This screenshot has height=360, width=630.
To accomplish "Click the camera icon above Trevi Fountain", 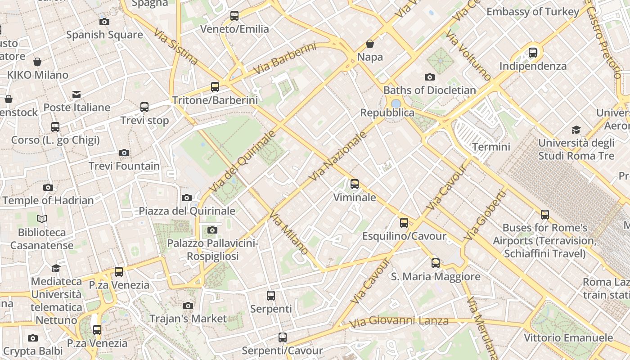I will click(124, 153).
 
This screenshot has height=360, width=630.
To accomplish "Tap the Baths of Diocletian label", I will click(429, 90).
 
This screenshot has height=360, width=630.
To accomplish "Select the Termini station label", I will click(491, 147).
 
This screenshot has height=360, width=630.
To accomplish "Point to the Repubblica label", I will click(387, 112).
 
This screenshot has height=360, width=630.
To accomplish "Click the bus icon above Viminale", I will click(355, 184).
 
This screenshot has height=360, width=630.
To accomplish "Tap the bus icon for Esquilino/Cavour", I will click(404, 222).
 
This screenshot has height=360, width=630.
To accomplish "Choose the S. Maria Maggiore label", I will click(436, 276).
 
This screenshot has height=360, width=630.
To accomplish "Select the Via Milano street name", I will click(289, 232).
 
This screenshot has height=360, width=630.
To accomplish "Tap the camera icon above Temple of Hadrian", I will click(48, 187).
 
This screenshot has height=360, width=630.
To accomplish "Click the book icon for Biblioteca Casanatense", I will click(42, 219).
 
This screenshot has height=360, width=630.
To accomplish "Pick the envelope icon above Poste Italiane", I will click(76, 94).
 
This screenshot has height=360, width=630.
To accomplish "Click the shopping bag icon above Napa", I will click(370, 44).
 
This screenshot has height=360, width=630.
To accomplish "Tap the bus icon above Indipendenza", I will click(533, 53).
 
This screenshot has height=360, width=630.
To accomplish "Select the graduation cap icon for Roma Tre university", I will click(576, 130).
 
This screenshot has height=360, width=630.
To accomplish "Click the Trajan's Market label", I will click(188, 319).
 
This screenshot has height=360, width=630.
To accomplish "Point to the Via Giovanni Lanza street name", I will click(399, 321).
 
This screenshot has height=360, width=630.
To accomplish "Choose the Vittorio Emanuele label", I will click(568, 337).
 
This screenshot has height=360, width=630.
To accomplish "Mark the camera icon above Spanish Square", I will click(104, 22).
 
